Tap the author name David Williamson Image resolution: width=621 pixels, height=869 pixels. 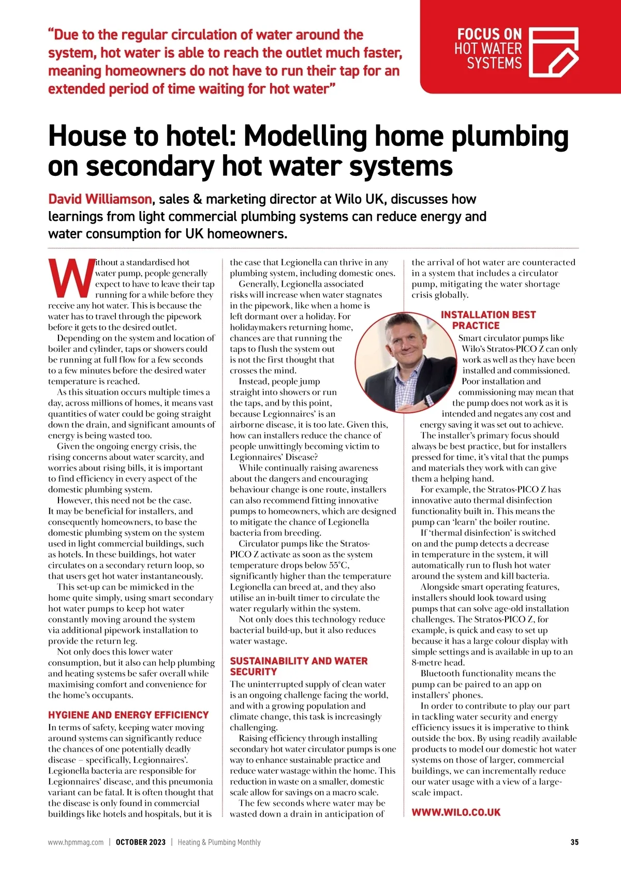pos(100,199)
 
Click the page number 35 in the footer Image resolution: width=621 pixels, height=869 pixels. pos(574,842)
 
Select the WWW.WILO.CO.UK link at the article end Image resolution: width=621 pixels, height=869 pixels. pos(456,812)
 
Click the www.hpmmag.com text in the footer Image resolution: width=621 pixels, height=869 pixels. pos(76,842)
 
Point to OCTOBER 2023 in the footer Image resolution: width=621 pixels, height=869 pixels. pos(140,842)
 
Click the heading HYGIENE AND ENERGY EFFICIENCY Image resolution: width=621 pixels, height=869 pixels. pos(128,715)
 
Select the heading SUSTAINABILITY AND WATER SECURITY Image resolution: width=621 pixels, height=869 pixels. pos(299,666)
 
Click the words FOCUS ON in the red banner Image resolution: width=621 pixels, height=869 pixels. pos(489,35)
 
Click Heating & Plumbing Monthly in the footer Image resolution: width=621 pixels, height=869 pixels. pos(219,842)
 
